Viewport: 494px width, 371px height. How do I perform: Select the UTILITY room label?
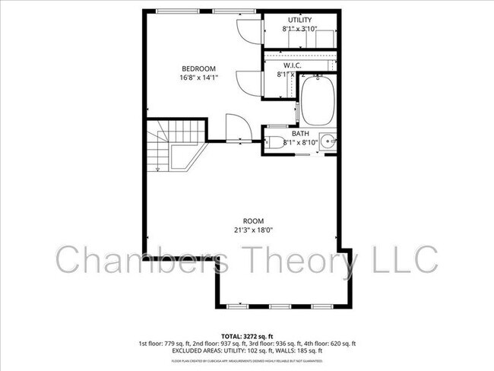pos(299,20)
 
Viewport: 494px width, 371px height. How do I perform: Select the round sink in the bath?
pos(328,141)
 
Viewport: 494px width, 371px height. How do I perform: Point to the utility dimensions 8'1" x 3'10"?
pos(299,30)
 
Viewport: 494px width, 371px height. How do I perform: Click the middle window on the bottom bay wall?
pos(281,306)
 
